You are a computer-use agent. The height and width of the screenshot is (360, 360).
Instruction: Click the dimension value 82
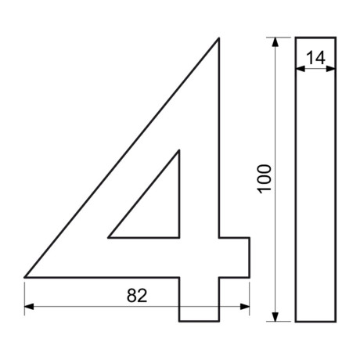pos(137,295)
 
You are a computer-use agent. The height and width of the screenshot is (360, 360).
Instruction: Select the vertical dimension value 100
pos(264,180)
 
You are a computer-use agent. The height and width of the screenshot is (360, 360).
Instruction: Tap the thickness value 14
pos(316,57)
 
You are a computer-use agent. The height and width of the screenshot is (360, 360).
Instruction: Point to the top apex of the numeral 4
pos(218,38)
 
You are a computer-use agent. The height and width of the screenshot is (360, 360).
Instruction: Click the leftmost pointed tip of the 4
pos(26,276)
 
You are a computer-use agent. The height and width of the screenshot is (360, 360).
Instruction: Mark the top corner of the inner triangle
pos(178,149)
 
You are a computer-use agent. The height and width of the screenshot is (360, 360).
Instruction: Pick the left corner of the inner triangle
pos(109,236)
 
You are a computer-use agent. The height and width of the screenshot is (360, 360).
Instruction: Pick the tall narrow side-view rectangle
pos(315,196)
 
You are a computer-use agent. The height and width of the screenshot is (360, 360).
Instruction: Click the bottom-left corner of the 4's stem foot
pos(179,321)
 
